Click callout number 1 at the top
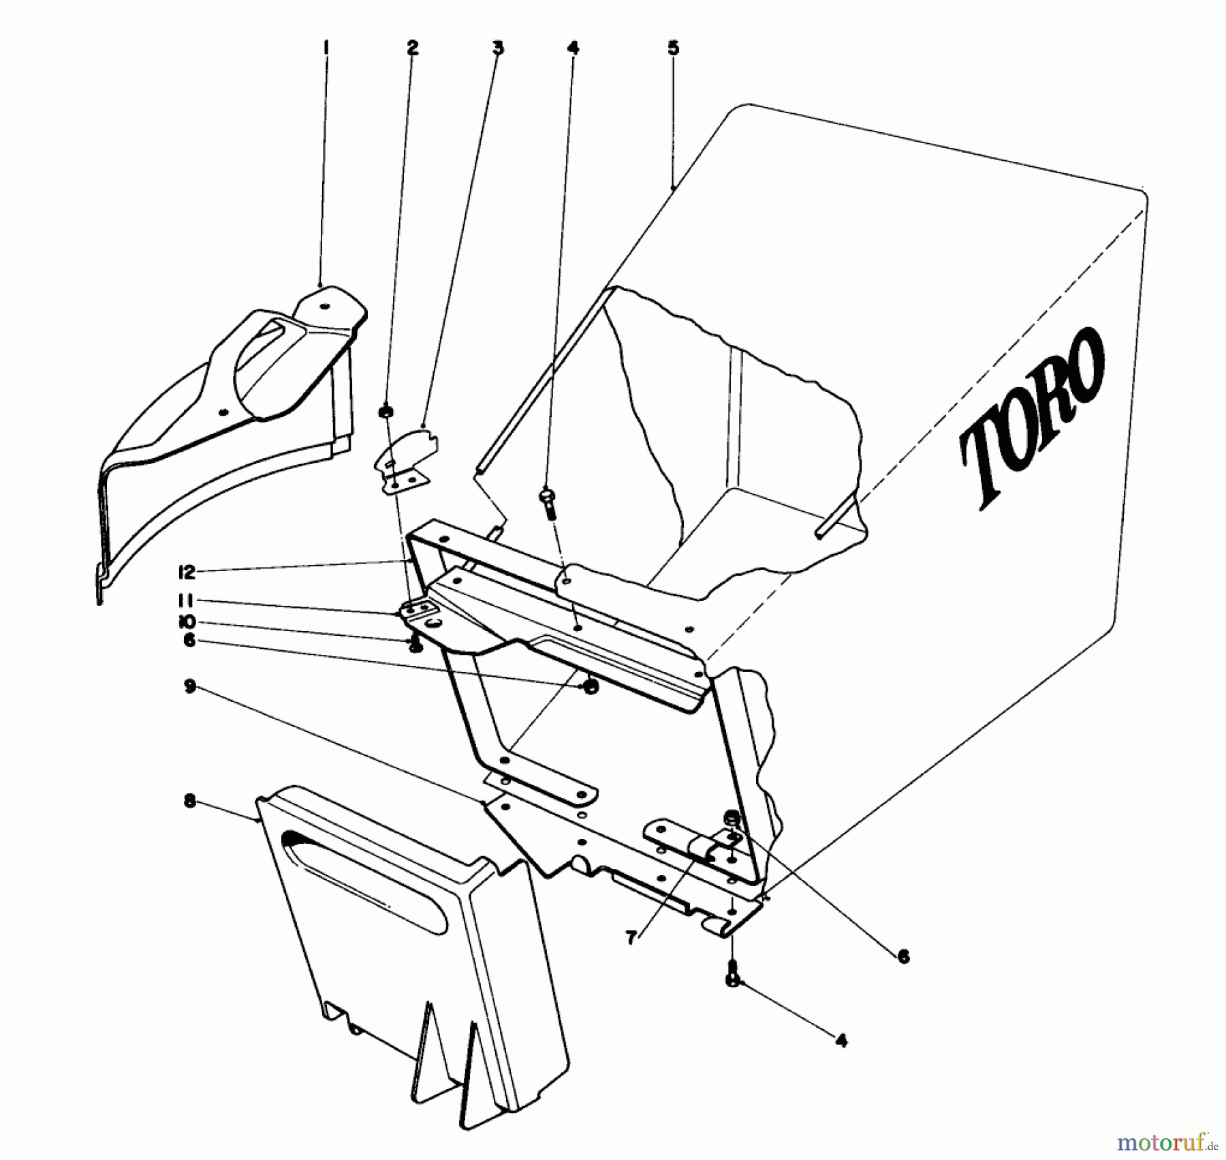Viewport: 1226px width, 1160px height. (326, 47)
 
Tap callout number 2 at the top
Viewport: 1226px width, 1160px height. (412, 47)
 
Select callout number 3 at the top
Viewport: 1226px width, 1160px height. (498, 47)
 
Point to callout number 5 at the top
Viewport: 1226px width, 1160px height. (673, 47)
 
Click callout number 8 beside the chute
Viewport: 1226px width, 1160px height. (189, 802)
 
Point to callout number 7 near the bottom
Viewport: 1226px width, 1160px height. (631, 938)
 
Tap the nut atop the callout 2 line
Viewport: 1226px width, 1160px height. (386, 411)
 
